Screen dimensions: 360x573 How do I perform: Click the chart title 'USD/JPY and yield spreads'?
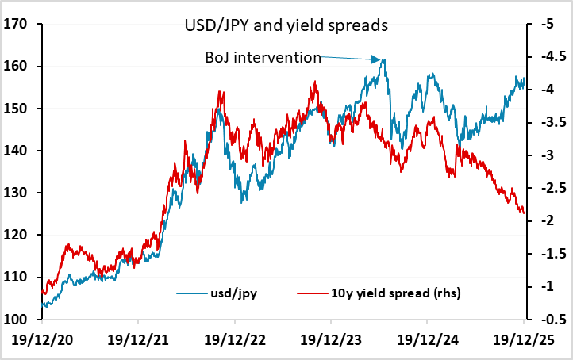click(x=281, y=26)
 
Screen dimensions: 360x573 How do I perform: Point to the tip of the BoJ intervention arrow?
click(x=379, y=59)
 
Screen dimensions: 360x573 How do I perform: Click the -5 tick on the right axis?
click(x=545, y=25)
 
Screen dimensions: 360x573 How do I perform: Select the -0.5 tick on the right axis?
click(x=549, y=320)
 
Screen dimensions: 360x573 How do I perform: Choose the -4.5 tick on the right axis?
click(x=549, y=57)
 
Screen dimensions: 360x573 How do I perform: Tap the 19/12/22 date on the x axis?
click(x=235, y=339)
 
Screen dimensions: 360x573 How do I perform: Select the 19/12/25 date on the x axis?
click(x=524, y=339)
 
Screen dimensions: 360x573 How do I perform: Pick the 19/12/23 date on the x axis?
click(x=332, y=339)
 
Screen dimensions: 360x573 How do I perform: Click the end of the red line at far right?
click(x=524, y=213)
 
